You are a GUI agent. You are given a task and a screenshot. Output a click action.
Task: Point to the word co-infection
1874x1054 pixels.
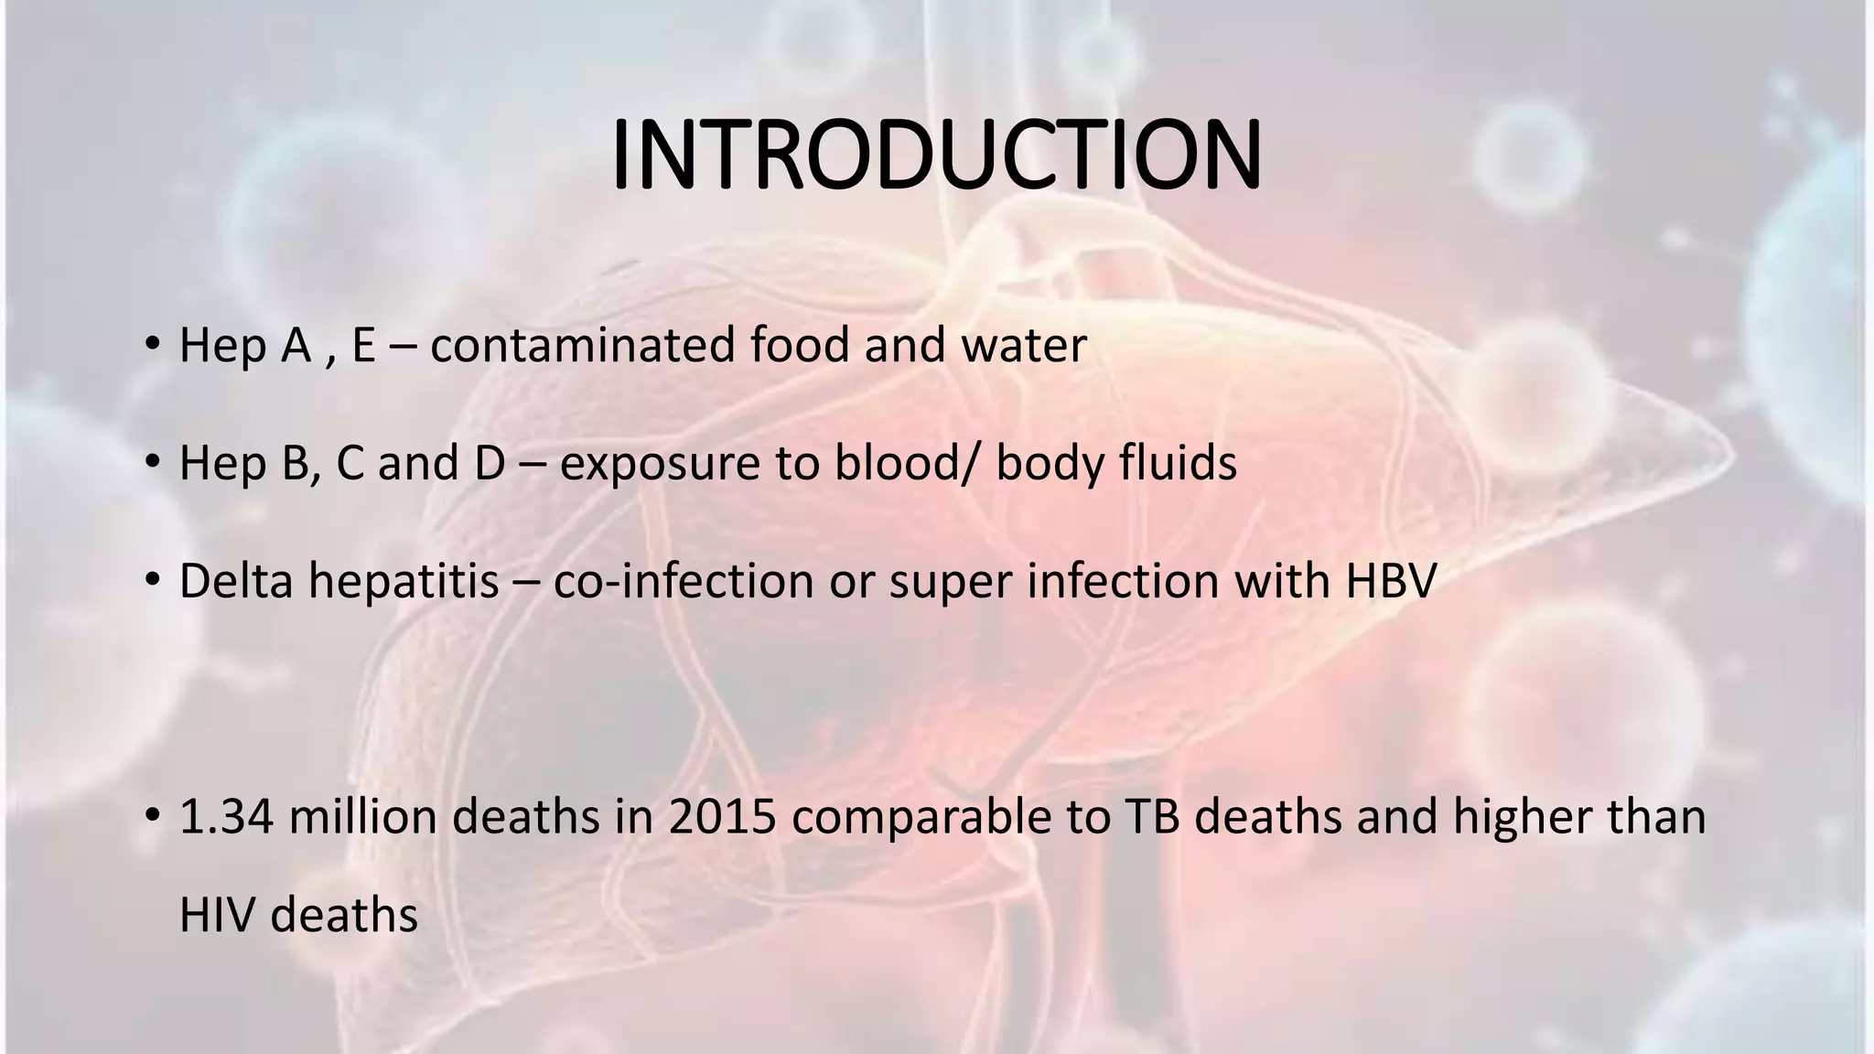(x=684, y=581)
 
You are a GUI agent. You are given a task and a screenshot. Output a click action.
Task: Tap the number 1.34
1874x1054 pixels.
(x=226, y=817)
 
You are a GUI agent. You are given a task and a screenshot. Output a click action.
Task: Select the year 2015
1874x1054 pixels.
(x=723, y=817)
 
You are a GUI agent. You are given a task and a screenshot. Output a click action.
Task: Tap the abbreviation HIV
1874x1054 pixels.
(x=217, y=916)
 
